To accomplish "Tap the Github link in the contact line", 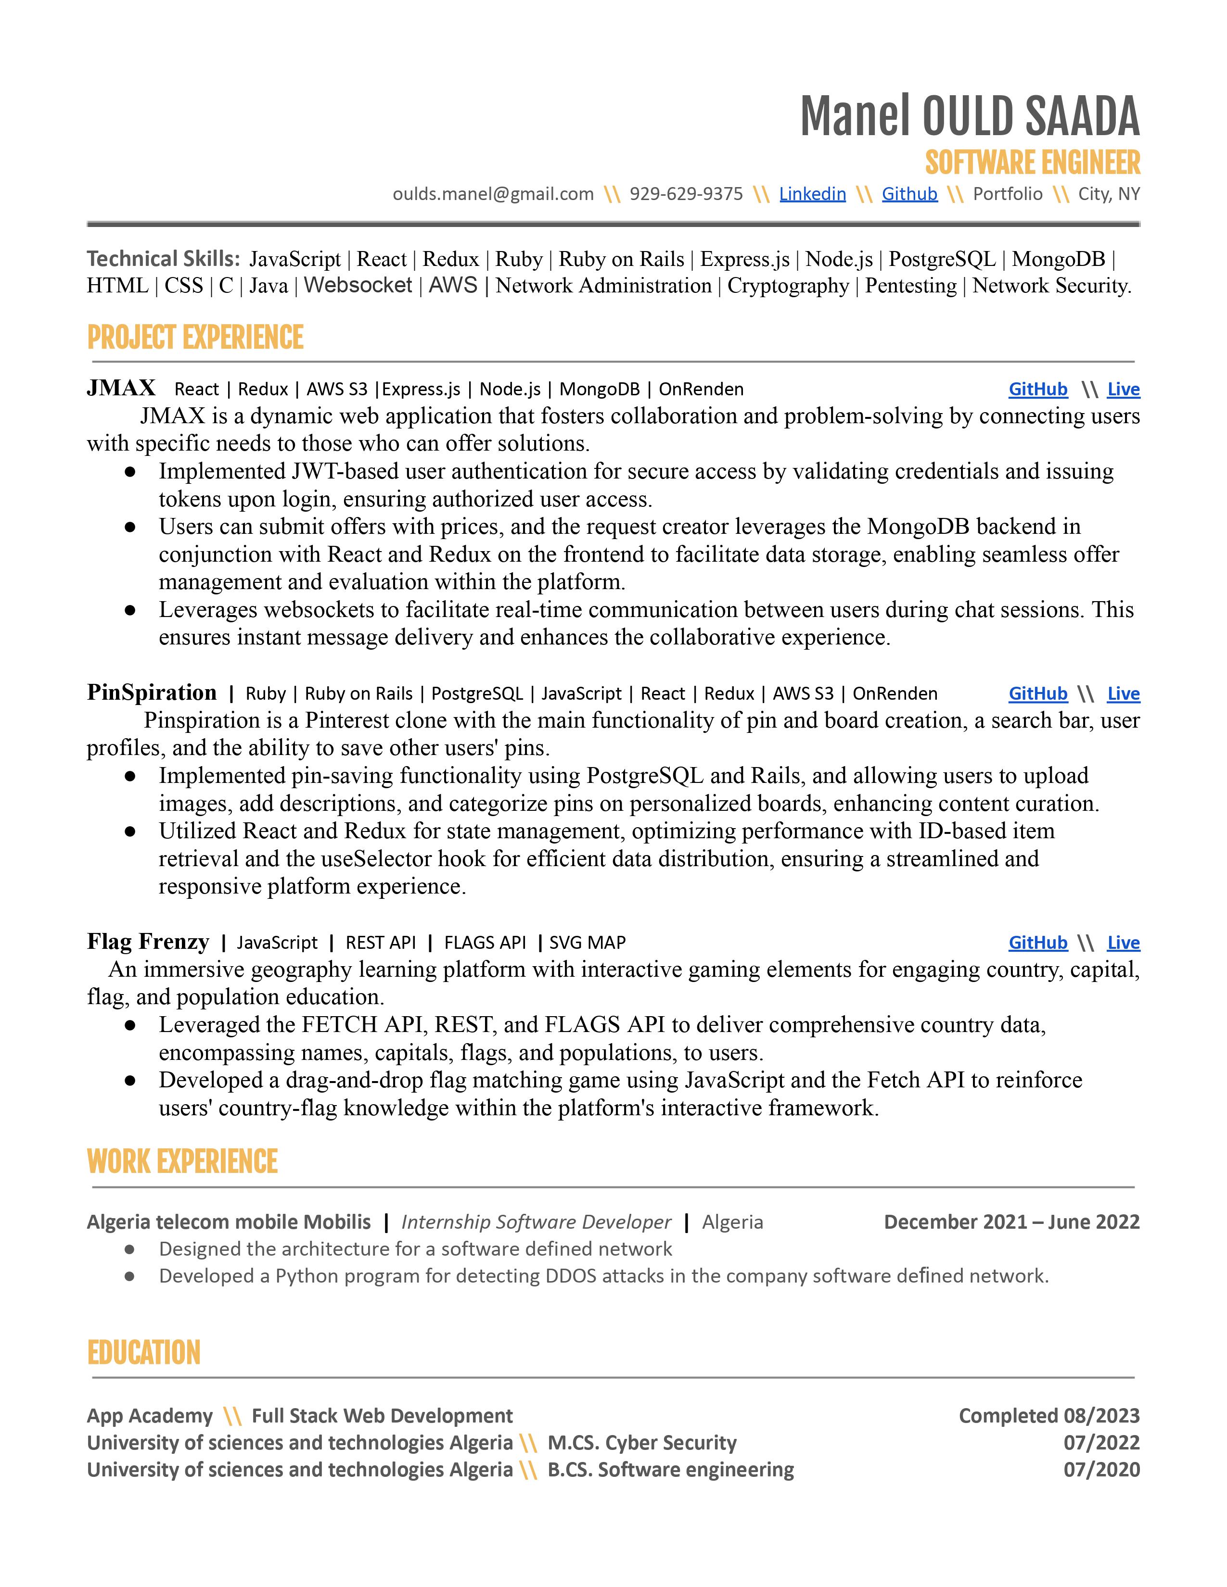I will (x=909, y=194).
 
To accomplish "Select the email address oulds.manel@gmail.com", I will (x=493, y=194).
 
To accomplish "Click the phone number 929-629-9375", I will (x=686, y=194).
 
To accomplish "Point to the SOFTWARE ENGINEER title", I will (x=1032, y=163).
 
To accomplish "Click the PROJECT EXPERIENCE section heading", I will (x=195, y=338).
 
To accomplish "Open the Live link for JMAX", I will (x=1123, y=390).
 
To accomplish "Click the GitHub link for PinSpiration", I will (x=1037, y=694).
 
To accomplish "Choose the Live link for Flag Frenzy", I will (x=1123, y=943).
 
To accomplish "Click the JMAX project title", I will (x=121, y=388).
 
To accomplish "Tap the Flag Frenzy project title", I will (x=148, y=942).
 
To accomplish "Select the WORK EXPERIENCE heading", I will (x=182, y=1162).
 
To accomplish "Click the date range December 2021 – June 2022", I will (x=1011, y=1222).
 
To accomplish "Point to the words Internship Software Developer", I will (x=536, y=1222).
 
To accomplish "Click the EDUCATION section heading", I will (x=143, y=1353).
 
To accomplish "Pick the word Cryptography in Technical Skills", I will (x=788, y=286).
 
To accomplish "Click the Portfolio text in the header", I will (x=1008, y=194).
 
